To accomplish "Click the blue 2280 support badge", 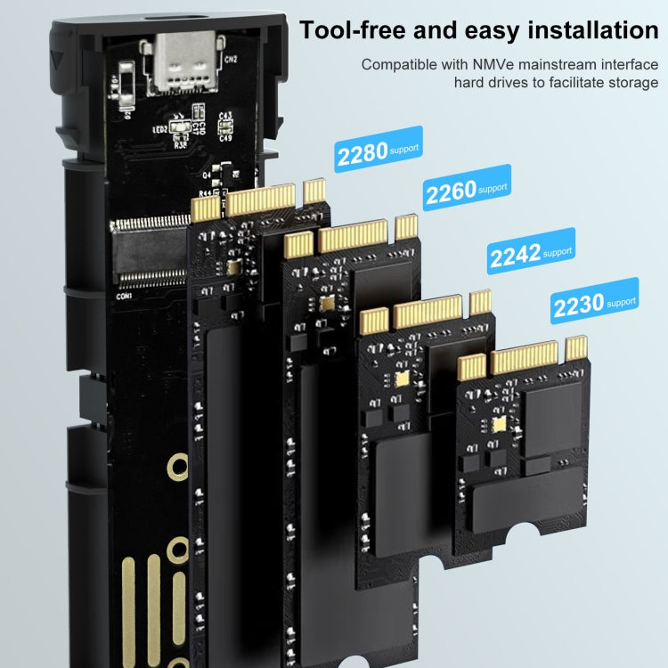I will tap(378, 152).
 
